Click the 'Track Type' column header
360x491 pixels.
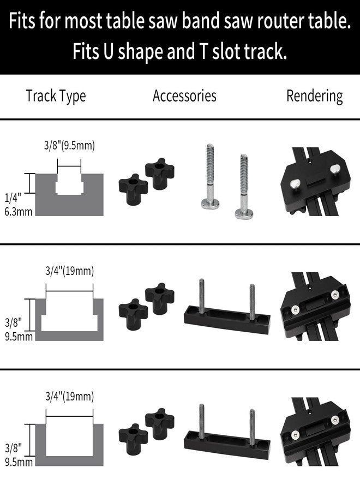[x=56, y=96]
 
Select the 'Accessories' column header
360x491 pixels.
[x=184, y=96]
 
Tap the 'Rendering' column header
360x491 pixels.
[x=315, y=96]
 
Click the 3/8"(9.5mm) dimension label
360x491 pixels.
[x=69, y=146]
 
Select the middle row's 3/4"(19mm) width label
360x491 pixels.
[x=69, y=271]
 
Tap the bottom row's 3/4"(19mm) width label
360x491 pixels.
[x=69, y=396]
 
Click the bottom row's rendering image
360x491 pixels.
[x=314, y=434]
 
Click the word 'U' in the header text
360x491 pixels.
[x=107, y=52]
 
